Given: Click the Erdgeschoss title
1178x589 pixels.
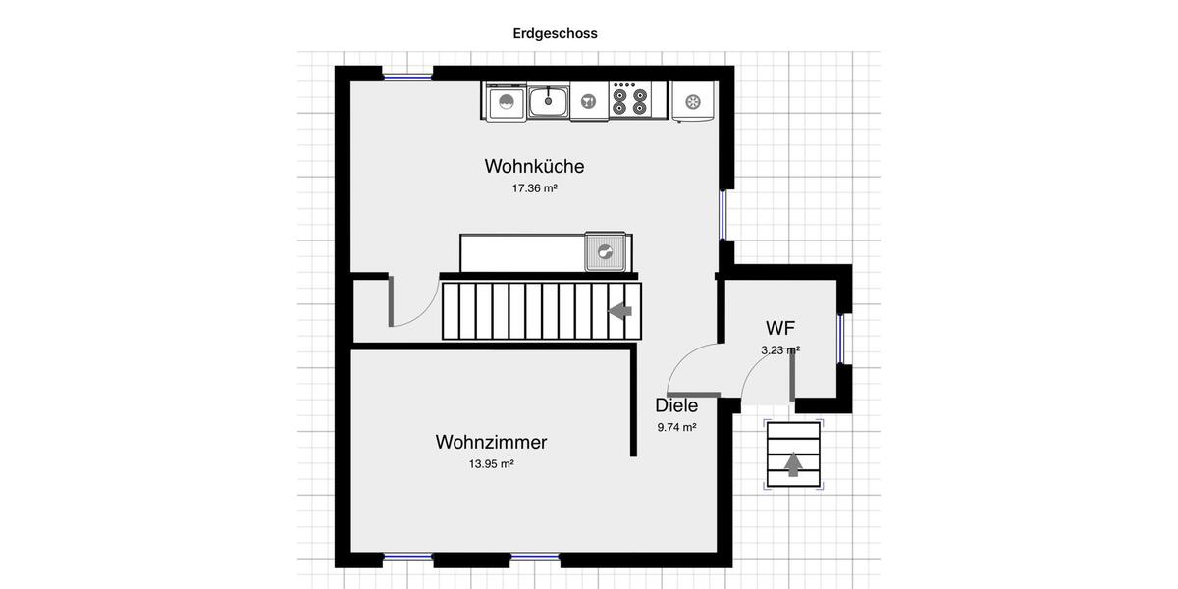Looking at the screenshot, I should coord(555,33).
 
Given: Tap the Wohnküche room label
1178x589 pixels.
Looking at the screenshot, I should coord(534,166).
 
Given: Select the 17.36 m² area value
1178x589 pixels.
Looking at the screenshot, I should coord(534,188).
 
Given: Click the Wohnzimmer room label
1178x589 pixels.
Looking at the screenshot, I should coord(491,442).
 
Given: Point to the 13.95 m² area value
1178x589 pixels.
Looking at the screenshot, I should coord(491,464).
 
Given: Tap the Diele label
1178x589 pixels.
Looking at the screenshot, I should coord(676,405).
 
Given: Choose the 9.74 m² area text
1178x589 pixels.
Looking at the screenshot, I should coord(676,427).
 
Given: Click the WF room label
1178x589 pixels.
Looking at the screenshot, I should coord(780,328).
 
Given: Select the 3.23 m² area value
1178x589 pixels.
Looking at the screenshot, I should coord(780,349).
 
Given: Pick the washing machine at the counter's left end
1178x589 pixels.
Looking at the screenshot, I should coord(505,102).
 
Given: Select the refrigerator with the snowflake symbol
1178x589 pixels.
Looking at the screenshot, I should coord(694,102).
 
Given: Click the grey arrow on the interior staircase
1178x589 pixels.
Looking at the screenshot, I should coord(619,311).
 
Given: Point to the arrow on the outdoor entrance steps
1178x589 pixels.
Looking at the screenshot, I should coord(793,462).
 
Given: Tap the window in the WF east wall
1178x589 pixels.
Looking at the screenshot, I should coord(841,338).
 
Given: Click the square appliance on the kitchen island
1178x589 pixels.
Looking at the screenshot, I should coord(606,251).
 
